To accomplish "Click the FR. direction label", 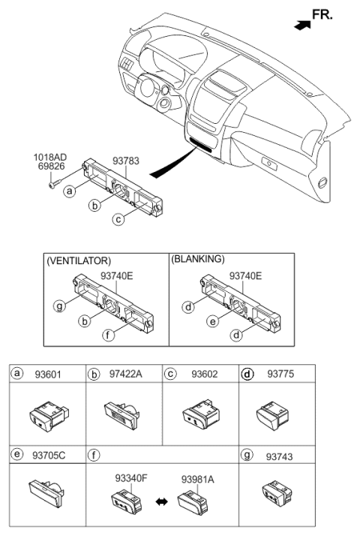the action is coord(322,14).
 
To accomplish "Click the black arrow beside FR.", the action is coord(302,25).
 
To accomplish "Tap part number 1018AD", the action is coord(49,158).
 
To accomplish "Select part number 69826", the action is coord(49,167).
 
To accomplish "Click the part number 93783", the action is coord(126,161).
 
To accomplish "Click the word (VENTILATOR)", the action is coord(79,260).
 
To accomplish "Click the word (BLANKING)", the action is coord(198,259).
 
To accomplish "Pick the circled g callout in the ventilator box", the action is coord(59,306).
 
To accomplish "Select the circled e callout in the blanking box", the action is coord(213,321).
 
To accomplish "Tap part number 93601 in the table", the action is coord(48,375).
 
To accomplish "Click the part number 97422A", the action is coord(125,374).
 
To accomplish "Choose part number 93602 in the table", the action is coord(205,374).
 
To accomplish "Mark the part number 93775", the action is coord(280,374).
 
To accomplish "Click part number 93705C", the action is coord(49,456).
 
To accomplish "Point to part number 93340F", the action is coord(131,478).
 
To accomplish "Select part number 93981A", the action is coord(198,480).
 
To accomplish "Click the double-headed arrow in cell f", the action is coord(161,501).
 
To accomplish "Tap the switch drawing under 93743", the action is coord(277,493).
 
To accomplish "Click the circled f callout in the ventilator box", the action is coord(108,335).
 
